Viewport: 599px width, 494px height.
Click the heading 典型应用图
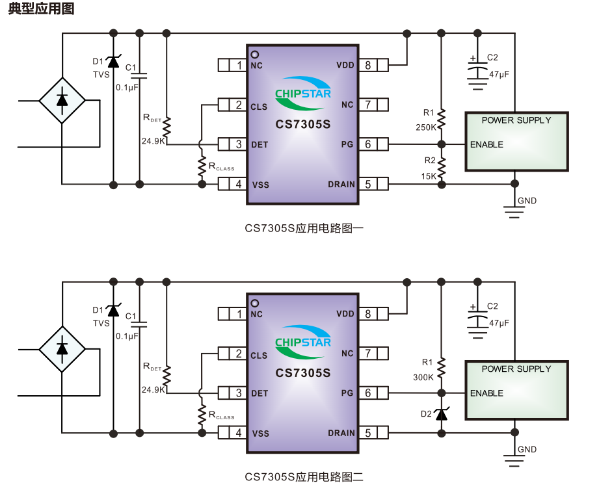coord(41,9)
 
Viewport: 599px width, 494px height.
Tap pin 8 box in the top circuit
coord(368,65)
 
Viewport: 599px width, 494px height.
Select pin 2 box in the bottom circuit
coord(239,354)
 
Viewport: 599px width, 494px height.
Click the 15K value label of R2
coord(428,176)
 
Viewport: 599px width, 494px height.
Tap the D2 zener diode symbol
coord(442,413)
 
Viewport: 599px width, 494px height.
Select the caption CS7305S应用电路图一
coord(304,228)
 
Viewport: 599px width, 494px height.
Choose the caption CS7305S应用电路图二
coord(304,477)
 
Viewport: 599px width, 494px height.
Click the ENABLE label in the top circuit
coord(486,144)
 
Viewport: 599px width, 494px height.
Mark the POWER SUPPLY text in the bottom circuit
coord(516,369)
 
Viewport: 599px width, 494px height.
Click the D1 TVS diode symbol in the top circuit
coord(114,62)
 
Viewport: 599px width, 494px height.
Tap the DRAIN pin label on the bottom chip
coord(341,434)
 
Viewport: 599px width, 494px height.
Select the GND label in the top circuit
coord(527,201)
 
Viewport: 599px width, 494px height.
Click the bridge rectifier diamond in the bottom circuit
coord(62,349)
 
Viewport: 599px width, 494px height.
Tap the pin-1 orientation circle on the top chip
coord(255,54)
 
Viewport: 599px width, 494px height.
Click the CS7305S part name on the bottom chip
coord(302,374)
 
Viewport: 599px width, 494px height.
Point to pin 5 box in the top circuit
coord(368,185)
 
